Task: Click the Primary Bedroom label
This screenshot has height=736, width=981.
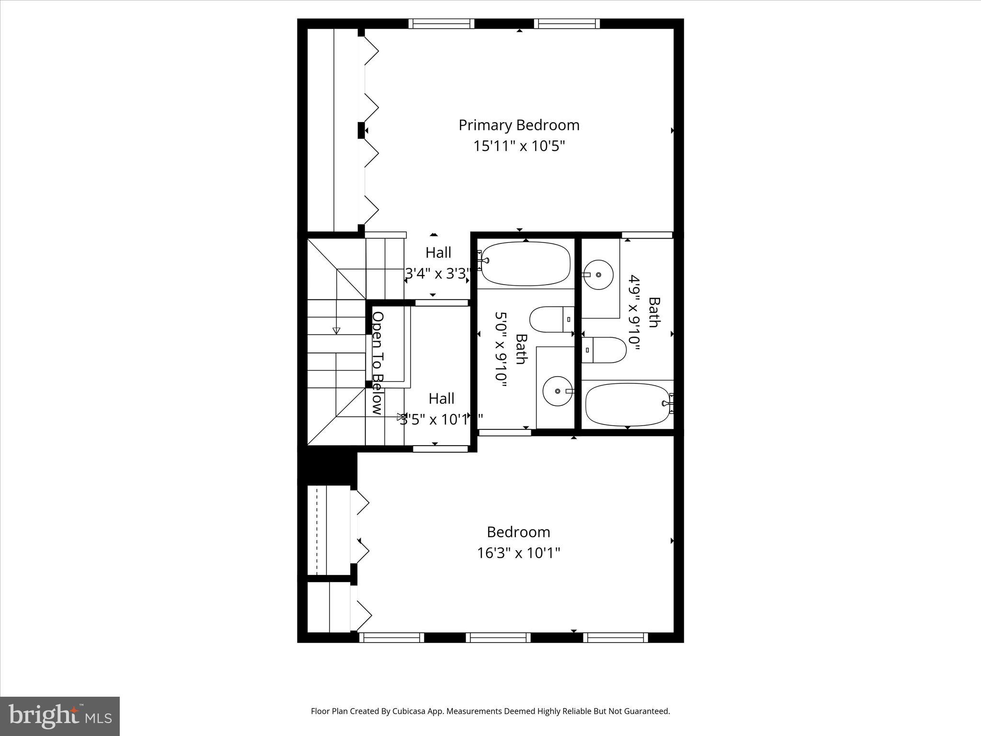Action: click(x=519, y=125)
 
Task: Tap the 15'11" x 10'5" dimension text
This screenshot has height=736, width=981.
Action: click(x=519, y=146)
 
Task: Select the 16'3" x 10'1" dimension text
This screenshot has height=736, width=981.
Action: click(x=518, y=553)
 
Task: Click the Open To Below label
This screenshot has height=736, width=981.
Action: click(x=378, y=363)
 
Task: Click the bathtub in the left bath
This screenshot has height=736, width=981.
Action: click(x=525, y=263)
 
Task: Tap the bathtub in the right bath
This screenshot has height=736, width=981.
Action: click(x=627, y=404)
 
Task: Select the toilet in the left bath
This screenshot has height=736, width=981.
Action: click(x=551, y=320)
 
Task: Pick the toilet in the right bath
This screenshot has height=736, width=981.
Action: click(x=604, y=350)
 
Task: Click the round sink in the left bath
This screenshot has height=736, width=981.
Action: click(x=558, y=391)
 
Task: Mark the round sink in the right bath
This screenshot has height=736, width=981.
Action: click(x=599, y=275)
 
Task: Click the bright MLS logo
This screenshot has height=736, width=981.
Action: click(x=60, y=716)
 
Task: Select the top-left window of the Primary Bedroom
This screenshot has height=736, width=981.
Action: click(x=441, y=23)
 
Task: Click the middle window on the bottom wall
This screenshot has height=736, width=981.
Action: click(x=498, y=637)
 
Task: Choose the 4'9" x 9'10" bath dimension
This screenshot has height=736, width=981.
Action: click(x=634, y=312)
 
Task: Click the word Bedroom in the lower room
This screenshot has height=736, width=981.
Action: click(x=518, y=532)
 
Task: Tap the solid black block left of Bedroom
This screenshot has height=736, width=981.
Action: click(x=328, y=466)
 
